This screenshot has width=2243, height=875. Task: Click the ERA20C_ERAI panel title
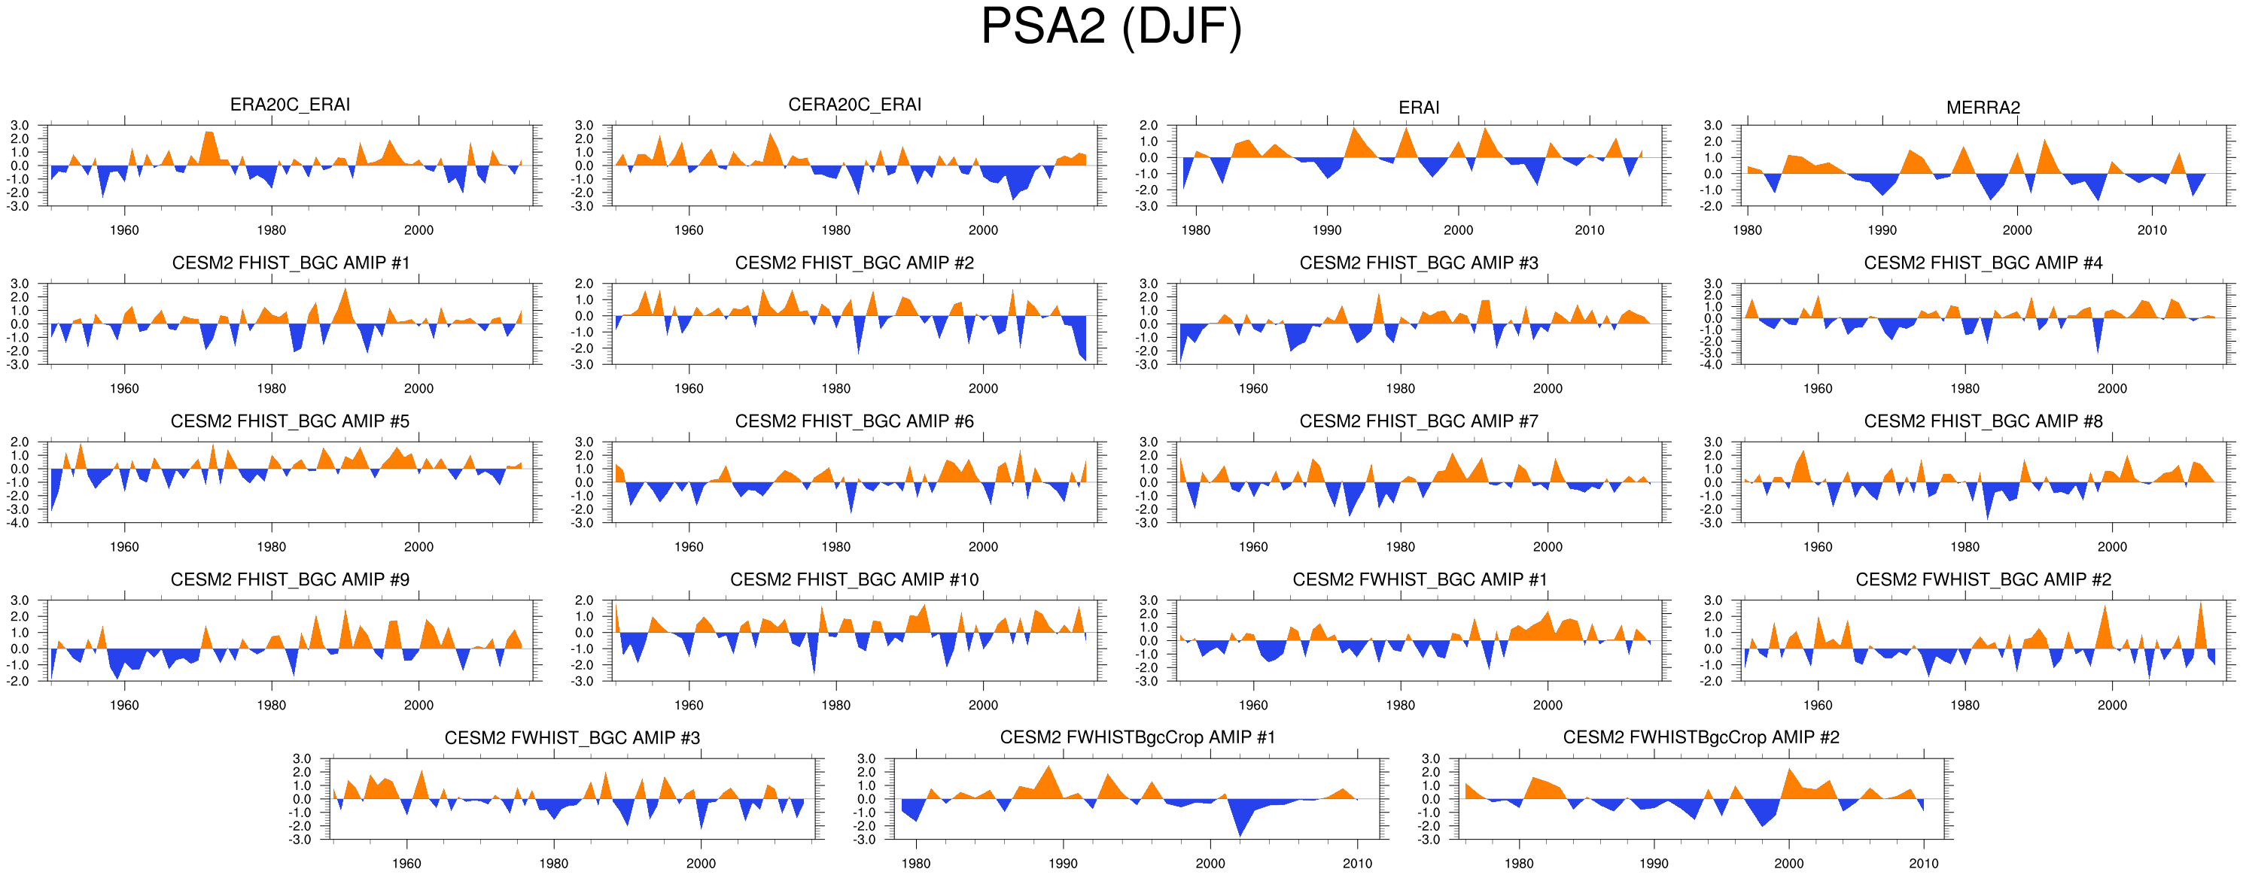click(x=290, y=105)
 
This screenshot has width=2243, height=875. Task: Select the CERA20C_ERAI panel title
click(x=854, y=105)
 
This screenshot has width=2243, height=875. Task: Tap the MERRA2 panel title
click(x=1983, y=107)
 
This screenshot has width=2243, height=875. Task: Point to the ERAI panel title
click(x=1418, y=107)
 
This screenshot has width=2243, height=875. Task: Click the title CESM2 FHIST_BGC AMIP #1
click(x=290, y=263)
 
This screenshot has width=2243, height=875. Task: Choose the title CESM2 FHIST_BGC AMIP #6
click(x=854, y=421)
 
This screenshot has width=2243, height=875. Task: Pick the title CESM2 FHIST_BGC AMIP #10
click(x=854, y=580)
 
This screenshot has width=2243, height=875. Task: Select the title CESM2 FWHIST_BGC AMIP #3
click(x=572, y=738)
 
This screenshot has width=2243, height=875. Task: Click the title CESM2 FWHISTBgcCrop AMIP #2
click(x=1700, y=737)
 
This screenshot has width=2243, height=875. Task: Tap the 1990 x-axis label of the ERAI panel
click(x=1327, y=231)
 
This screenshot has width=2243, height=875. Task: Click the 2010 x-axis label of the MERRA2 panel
click(x=2152, y=231)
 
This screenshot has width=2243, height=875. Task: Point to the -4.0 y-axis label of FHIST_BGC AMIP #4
click(x=1712, y=365)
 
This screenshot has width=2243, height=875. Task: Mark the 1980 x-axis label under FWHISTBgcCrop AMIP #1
click(x=916, y=864)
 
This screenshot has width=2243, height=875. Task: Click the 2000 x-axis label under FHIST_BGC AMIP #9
click(x=418, y=705)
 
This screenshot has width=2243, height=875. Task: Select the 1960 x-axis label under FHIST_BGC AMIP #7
click(x=1253, y=547)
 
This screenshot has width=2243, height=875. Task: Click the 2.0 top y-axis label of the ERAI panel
click(x=1149, y=126)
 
